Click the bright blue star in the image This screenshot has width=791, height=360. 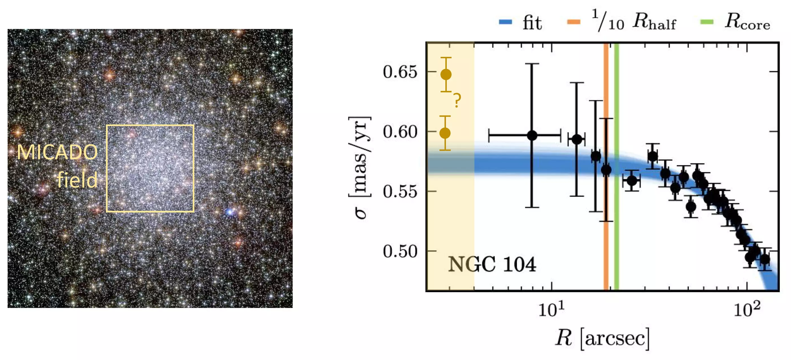[229, 211]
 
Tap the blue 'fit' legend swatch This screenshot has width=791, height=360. [505, 22]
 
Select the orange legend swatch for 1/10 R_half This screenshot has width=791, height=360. [573, 22]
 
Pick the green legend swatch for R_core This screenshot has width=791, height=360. [707, 22]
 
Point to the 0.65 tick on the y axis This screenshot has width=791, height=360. [400, 72]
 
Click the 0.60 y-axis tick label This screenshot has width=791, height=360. [400, 132]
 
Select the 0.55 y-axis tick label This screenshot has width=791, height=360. [400, 191]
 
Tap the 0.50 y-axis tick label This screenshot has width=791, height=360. [400, 251]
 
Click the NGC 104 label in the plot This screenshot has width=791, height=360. [492, 264]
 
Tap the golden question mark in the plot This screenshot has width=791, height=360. [457, 100]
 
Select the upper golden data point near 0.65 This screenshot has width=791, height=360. [446, 75]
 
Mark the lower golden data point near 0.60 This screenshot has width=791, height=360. [445, 133]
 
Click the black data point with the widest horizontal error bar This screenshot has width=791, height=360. [532, 135]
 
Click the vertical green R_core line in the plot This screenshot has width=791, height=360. [616, 215]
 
